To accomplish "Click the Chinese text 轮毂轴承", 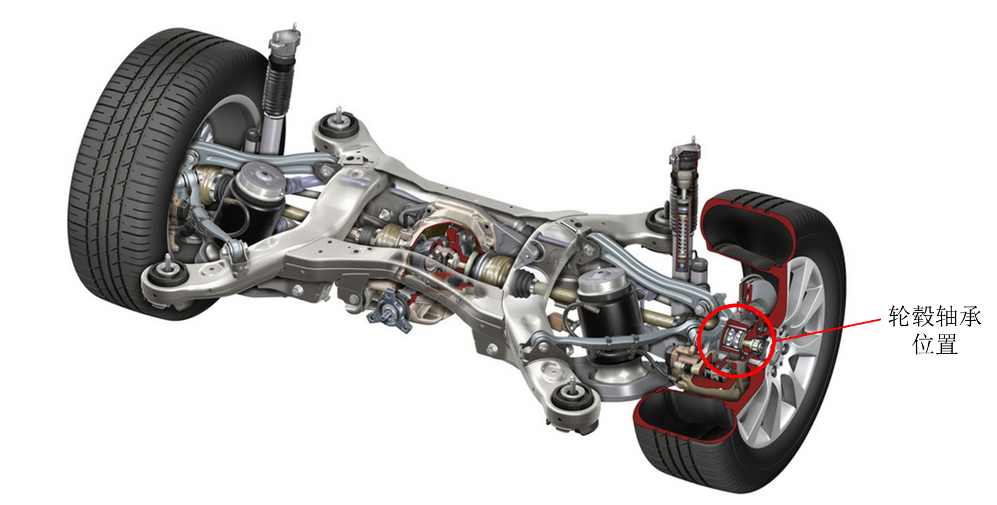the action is click(934, 316).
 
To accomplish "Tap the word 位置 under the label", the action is click(934, 344).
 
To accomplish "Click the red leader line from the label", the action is click(828, 330).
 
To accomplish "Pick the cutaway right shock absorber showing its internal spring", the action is click(684, 209).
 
